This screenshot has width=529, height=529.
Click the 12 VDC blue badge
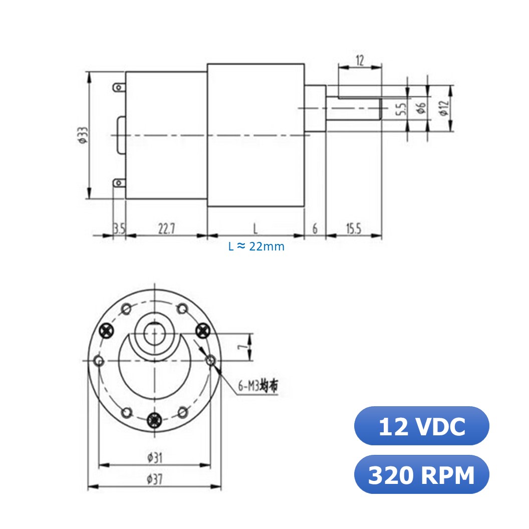421,426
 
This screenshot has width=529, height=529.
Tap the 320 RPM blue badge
421,475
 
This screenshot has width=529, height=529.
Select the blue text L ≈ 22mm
256,246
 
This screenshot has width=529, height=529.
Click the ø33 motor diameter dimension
82,135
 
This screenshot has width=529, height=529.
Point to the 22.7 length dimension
166,229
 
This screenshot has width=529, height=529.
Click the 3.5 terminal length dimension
119,229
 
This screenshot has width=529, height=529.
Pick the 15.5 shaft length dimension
353,229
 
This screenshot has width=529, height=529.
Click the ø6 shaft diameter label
421,107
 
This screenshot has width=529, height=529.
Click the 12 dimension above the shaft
360,61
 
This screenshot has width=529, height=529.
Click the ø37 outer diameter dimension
154,479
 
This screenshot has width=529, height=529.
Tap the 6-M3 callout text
257,386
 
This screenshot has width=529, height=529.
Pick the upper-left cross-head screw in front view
107,330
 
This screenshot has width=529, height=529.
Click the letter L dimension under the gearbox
255,229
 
